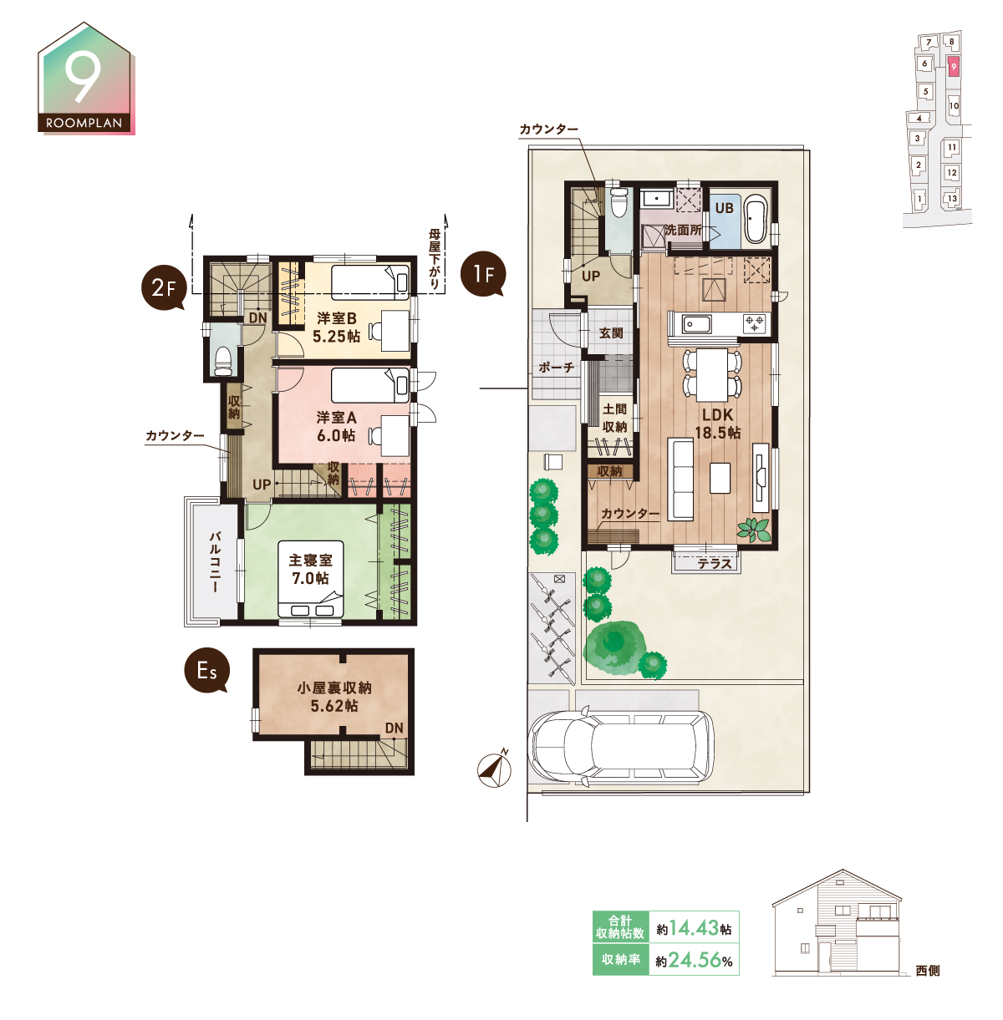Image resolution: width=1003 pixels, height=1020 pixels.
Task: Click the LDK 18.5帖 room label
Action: click(717, 424)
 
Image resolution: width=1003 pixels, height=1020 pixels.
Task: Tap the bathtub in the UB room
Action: click(755, 219)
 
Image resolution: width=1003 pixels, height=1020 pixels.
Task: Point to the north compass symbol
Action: click(494, 769)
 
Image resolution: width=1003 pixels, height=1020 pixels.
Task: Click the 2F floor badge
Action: click(164, 287)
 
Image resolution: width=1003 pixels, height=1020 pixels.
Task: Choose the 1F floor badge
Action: click(483, 274)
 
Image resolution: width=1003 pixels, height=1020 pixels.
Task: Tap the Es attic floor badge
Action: click(206, 671)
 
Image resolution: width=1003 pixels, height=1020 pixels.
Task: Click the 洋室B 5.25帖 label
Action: click(337, 327)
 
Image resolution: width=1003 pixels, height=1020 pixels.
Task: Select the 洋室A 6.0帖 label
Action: click(337, 427)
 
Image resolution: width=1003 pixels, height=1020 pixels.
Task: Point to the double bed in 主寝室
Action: click(310, 579)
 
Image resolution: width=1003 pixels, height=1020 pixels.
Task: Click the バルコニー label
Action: click(215, 562)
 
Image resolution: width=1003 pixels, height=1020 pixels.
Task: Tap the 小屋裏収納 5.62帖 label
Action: click(334, 697)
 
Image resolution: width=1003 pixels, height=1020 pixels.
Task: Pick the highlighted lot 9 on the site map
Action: click(953, 67)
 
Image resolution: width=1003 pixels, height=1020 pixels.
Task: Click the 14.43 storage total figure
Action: click(694, 928)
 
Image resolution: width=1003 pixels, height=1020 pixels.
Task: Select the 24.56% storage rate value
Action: click(700, 959)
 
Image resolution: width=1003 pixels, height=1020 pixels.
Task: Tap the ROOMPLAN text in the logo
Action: click(84, 123)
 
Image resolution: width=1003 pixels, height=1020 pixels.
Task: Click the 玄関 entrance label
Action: click(611, 333)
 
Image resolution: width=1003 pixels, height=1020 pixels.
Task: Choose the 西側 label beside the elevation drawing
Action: click(928, 970)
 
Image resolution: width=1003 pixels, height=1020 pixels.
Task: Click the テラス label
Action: click(715, 564)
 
